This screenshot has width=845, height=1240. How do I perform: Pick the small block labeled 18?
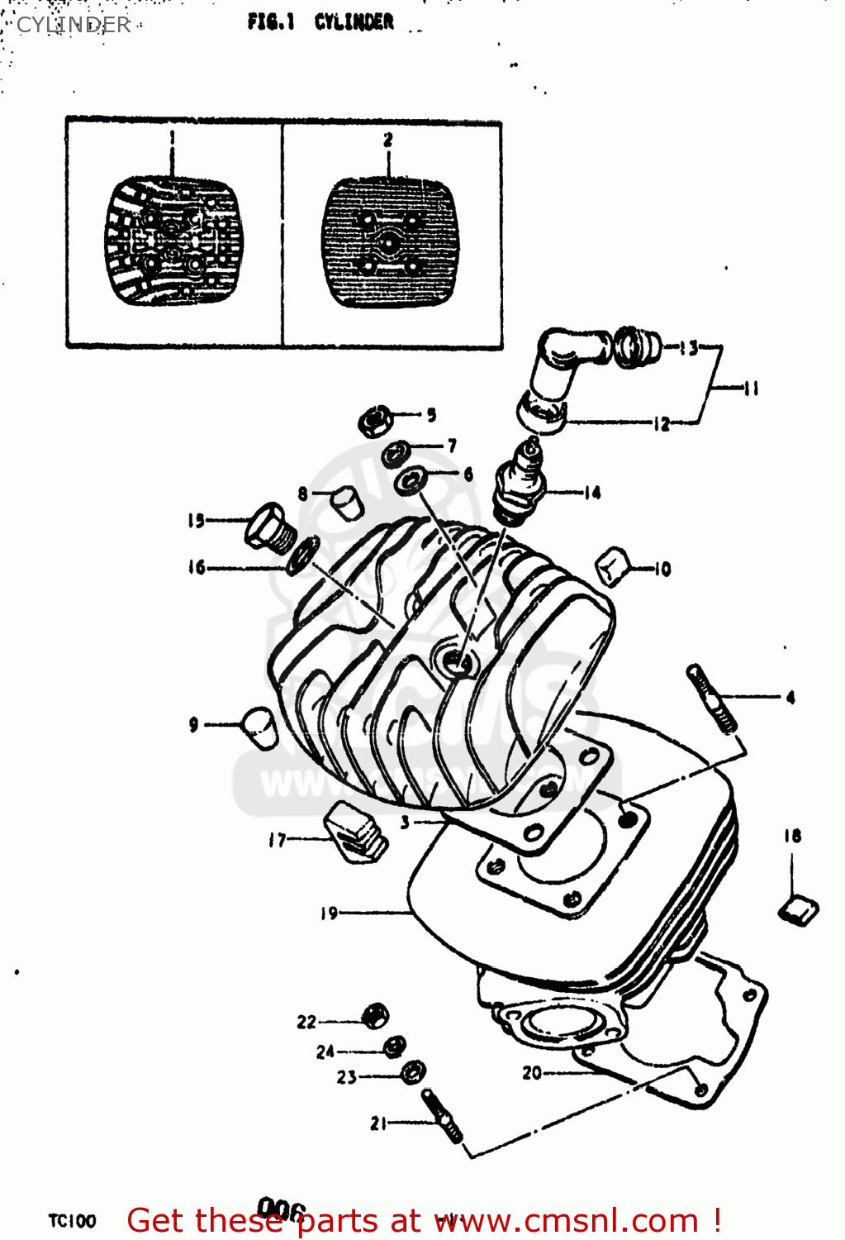(798, 910)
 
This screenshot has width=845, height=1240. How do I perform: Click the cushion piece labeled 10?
(614, 566)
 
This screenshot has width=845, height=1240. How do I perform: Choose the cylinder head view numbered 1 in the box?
(173, 240)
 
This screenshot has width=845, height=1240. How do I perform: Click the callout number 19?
(329, 913)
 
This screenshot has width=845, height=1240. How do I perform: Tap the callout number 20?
(531, 1072)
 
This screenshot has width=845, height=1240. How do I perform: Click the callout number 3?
(405, 822)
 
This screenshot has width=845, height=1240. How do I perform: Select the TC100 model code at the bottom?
(73, 1221)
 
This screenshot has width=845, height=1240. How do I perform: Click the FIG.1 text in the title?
(270, 22)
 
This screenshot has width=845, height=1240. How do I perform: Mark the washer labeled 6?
(411, 480)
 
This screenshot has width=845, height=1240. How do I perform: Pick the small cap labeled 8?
(347, 501)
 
